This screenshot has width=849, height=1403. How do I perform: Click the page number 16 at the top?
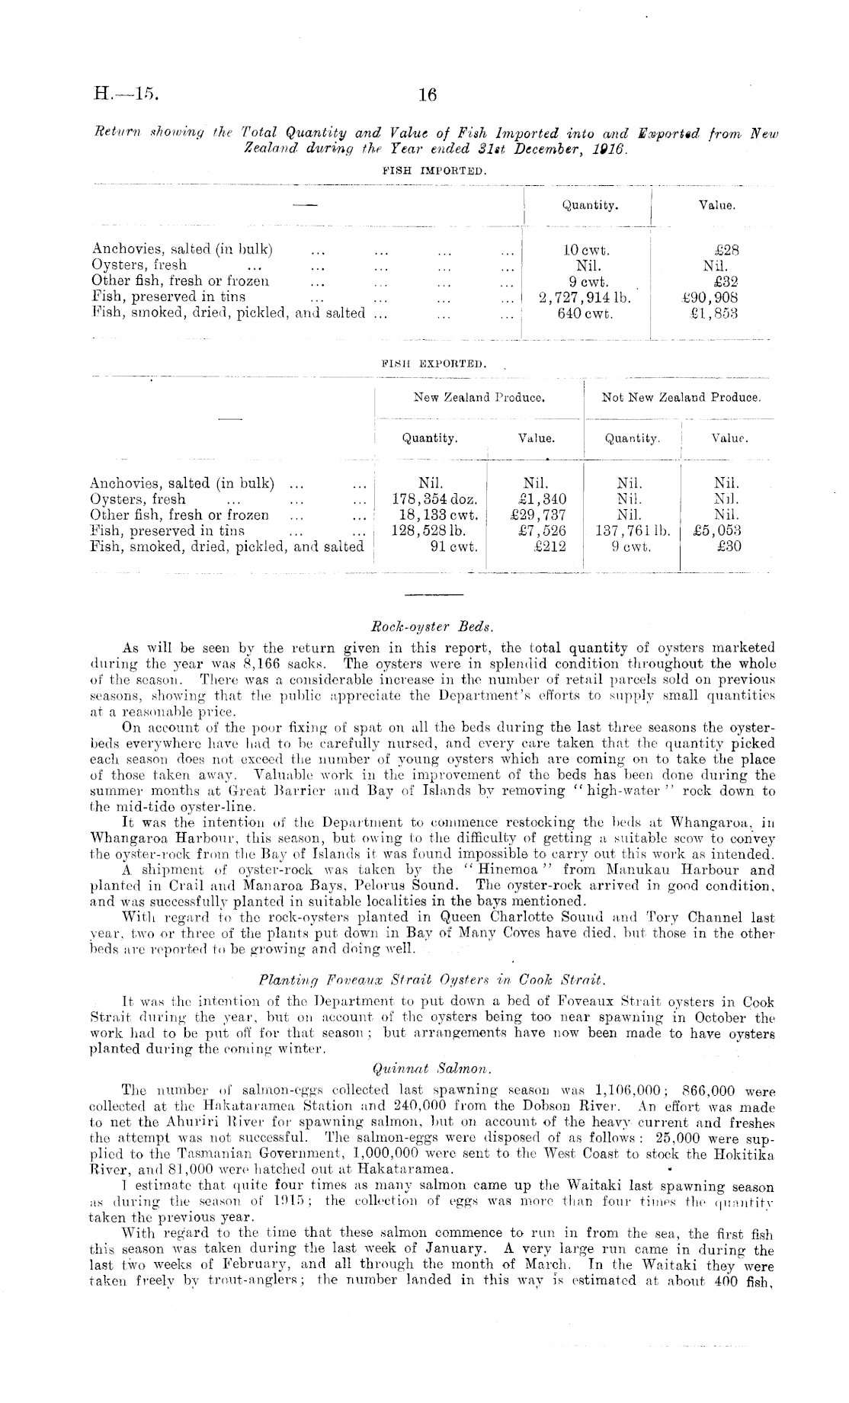point(428,95)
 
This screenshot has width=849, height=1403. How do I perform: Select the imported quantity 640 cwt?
point(585,312)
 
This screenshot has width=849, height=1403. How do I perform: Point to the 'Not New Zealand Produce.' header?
point(681,397)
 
